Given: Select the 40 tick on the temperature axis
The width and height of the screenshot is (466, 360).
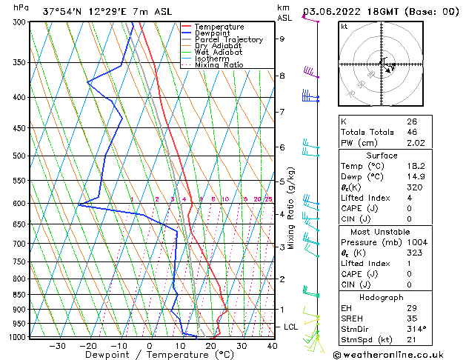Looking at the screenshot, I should (272, 345).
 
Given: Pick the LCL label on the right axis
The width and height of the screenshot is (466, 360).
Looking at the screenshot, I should (291, 327).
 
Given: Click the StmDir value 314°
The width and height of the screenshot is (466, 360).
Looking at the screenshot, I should (416, 329).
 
